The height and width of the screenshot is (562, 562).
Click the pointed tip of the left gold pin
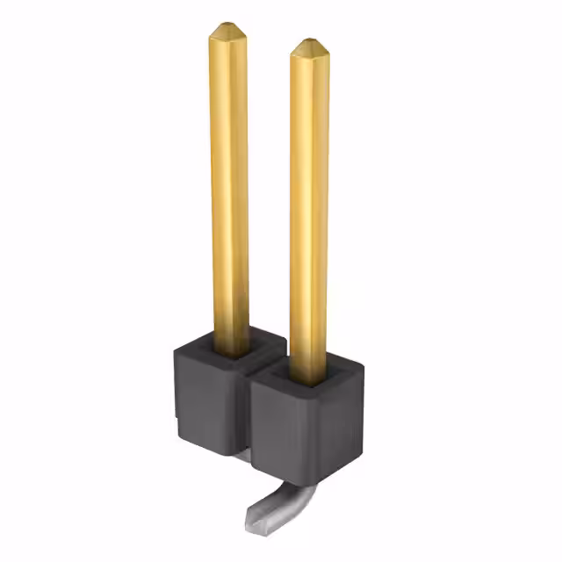tap(227, 26)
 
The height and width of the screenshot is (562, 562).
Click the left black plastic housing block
tap(206, 395)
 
